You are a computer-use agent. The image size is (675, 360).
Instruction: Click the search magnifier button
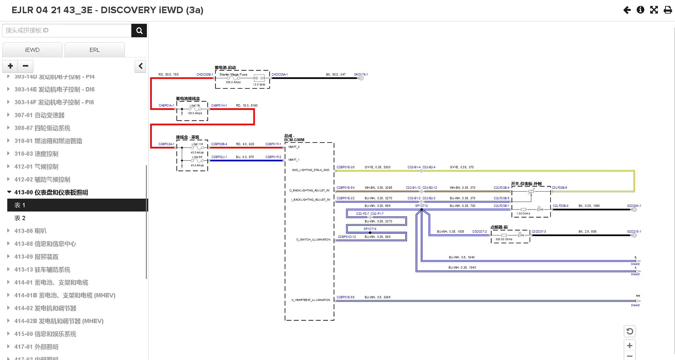click(139, 31)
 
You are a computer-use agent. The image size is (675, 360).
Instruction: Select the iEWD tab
click(32, 50)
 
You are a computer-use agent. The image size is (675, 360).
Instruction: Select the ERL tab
click(94, 50)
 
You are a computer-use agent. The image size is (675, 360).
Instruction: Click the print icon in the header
click(668, 10)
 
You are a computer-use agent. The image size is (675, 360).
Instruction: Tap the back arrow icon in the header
click(627, 10)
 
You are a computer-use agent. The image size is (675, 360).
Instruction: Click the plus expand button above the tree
click(10, 66)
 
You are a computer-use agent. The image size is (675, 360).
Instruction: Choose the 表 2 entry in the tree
click(20, 218)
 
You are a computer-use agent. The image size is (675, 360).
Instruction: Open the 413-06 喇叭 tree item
click(30, 231)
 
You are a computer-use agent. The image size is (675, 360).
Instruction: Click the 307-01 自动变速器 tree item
click(39, 115)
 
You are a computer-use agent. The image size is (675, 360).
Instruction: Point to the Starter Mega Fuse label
click(233, 75)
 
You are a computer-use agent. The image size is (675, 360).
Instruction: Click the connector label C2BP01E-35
click(345, 167)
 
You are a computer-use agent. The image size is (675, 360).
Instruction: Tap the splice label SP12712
click(421, 206)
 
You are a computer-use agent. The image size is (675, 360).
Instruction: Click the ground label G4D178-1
click(361, 75)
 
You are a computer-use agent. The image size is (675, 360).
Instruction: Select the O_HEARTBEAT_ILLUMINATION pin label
click(311, 300)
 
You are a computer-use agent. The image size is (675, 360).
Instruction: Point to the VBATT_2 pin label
click(293, 147)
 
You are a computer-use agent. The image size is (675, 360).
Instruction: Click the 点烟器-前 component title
click(499, 227)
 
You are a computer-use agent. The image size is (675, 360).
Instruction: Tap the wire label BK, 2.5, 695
click(587, 232)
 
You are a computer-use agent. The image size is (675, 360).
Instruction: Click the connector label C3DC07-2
click(479, 232)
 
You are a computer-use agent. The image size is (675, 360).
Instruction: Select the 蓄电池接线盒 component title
click(188, 98)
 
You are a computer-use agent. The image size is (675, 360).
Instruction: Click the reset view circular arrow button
click(629, 331)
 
